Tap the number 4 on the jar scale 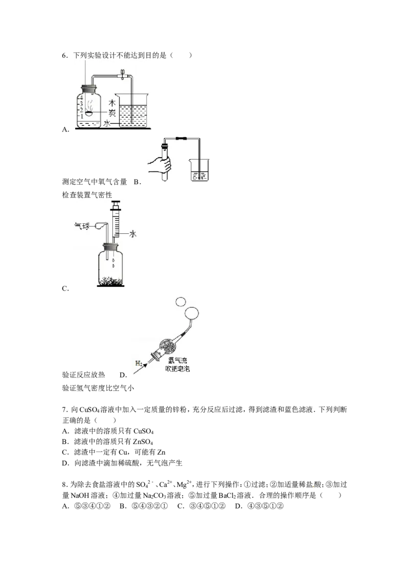(80, 98)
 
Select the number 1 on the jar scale (80, 117)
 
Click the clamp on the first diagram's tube (123, 75)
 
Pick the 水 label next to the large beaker (107, 123)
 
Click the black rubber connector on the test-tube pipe (180, 138)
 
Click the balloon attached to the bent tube (102, 224)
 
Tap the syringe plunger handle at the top (116, 204)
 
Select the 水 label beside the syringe (132, 234)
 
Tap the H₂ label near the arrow (139, 363)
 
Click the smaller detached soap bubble (180, 302)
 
